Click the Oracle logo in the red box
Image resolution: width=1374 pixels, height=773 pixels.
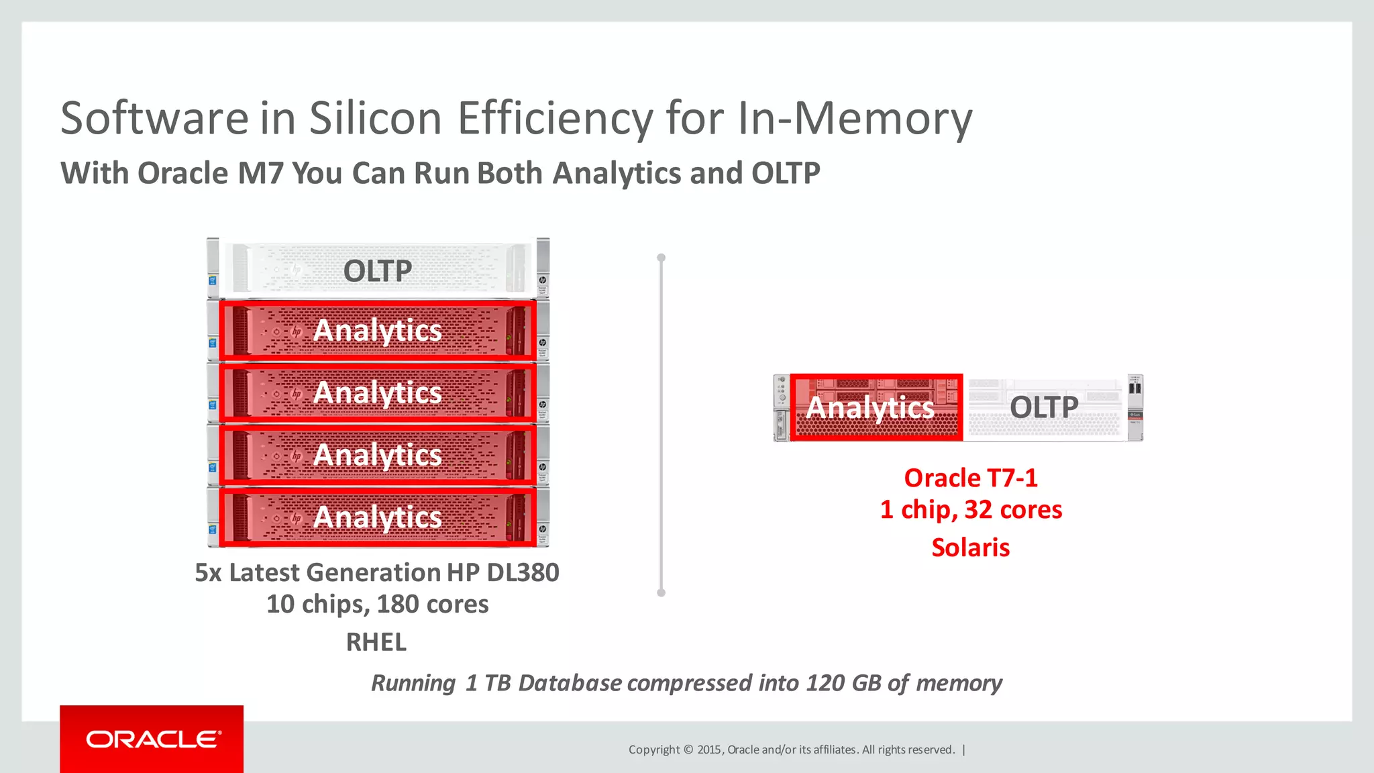(153, 739)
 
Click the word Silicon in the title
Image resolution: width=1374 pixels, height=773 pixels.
(375, 118)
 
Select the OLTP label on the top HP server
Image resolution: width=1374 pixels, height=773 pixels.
(377, 271)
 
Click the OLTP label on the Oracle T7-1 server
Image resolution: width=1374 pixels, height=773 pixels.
(1044, 407)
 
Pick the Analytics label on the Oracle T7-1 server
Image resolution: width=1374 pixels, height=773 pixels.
(870, 407)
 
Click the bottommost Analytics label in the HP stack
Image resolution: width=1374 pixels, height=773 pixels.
(378, 517)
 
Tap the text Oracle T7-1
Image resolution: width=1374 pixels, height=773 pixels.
(970, 478)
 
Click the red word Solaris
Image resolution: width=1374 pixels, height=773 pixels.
(970, 548)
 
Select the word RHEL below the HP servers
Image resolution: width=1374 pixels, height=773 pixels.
(376, 642)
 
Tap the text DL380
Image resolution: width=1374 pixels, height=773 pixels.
(523, 572)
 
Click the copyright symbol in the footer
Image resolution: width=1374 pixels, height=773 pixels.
(688, 750)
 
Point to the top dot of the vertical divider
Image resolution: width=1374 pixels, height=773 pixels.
(661, 258)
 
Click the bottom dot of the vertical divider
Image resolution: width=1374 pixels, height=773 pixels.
(661, 592)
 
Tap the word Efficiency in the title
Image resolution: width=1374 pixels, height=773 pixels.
(555, 118)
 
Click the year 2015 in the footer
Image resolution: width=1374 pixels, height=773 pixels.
(709, 750)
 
